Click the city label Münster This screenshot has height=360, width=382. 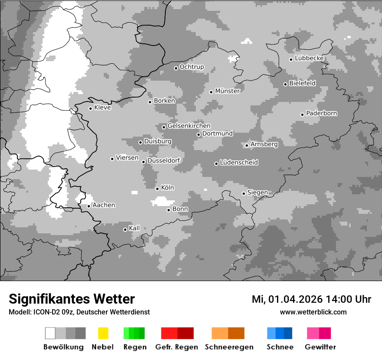click(227, 91)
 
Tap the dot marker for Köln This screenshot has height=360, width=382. click(157, 189)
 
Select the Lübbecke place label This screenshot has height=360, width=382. click(309, 58)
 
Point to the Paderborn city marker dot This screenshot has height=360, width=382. click(302, 115)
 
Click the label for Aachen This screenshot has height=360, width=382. click(104, 205)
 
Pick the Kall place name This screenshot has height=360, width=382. click(134, 228)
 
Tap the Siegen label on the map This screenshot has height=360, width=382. click(257, 193)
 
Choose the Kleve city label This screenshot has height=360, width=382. click(102, 108)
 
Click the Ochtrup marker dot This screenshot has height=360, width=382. click(176, 68)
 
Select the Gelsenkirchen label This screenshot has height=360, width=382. click(189, 126)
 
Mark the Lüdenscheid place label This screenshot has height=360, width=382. click(239, 163)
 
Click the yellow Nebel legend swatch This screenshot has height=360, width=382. click(103, 333)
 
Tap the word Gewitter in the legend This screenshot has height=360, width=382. click(320, 347)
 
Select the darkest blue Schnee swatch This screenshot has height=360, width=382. click(288, 333)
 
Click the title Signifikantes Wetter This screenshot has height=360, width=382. click(72, 299)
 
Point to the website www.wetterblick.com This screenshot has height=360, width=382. click(313, 312)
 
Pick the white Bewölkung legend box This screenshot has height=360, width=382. click(50, 333)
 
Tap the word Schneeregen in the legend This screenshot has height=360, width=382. click(229, 347)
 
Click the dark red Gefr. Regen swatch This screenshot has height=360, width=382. click(185, 333)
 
